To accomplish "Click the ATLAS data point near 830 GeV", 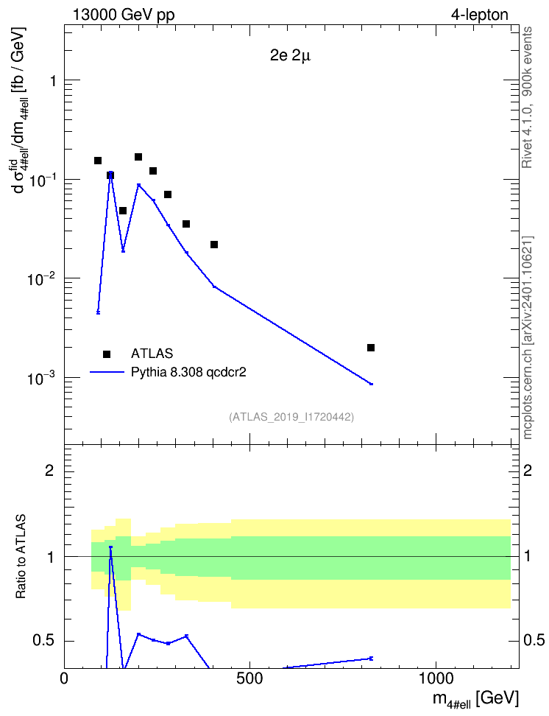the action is (371, 348).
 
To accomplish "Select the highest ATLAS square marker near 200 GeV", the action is (138, 157).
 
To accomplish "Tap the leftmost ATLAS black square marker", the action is (98, 161).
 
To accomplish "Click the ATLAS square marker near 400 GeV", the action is (214, 245).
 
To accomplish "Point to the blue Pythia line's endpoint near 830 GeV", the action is (372, 384).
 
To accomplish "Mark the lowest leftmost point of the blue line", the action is (98, 312).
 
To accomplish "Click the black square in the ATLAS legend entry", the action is (107, 354).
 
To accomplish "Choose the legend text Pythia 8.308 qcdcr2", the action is (188, 372).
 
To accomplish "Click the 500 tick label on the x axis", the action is (249, 678).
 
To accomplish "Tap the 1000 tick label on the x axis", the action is (436, 678).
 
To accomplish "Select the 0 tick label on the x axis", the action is (64, 678).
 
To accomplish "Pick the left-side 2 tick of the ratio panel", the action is (49, 470).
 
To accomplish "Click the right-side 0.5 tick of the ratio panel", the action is (533, 641).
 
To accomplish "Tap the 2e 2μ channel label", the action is (290, 56).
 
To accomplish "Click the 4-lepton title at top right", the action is (480, 15).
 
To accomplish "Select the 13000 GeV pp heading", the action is (124, 15).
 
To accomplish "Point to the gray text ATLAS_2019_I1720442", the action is (291, 417).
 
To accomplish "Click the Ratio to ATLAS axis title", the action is (21, 557).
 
